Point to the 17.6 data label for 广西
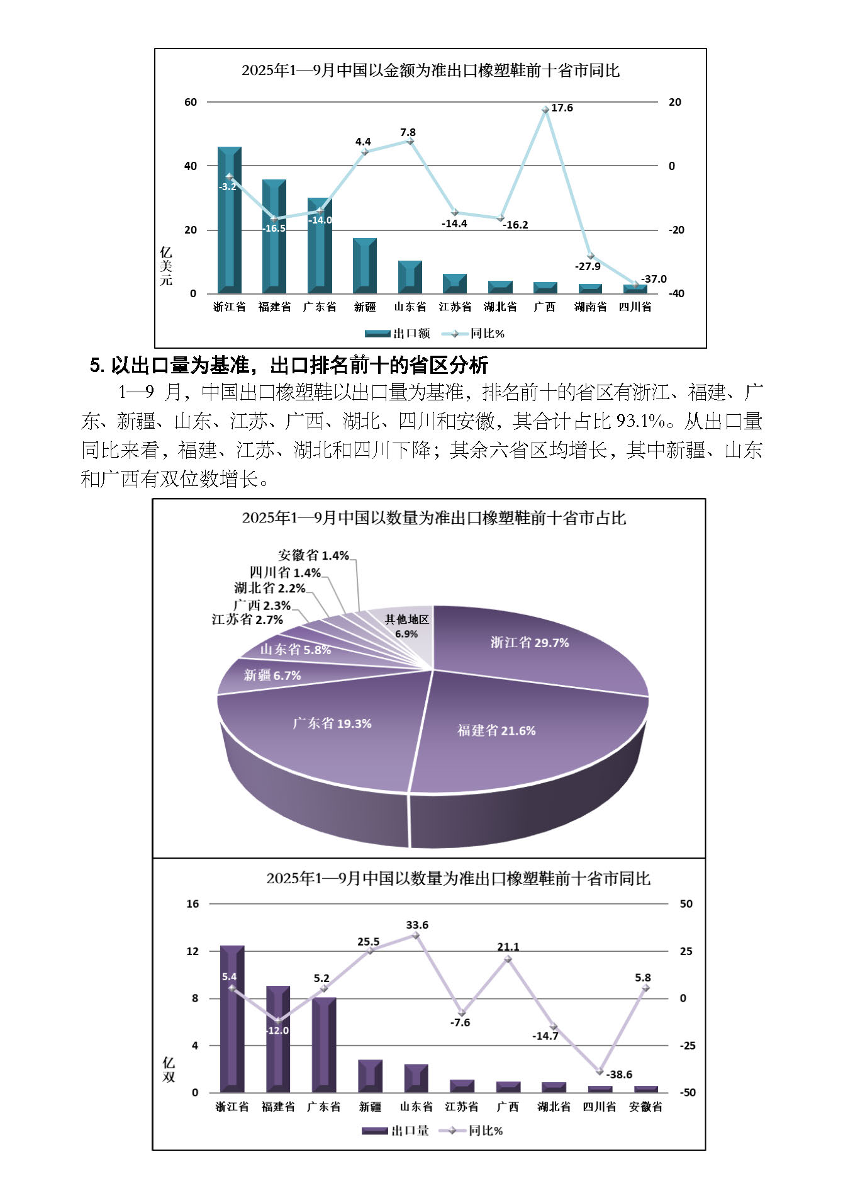click(x=562, y=108)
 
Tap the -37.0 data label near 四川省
click(x=654, y=279)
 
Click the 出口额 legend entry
click(x=398, y=334)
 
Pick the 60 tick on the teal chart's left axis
click(x=191, y=102)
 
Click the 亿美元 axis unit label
click(x=165, y=266)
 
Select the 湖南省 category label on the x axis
click(x=590, y=307)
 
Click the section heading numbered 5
click(x=289, y=365)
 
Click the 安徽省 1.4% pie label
click(x=313, y=555)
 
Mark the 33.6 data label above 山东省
click(x=417, y=925)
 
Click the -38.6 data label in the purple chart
click(x=619, y=1075)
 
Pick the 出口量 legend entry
click(x=396, y=1131)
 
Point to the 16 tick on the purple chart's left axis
click(x=192, y=904)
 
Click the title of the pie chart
click(x=434, y=518)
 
